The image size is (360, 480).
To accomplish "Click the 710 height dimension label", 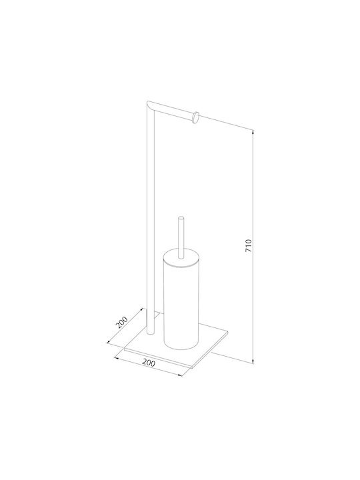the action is pyautogui.click(x=249, y=246).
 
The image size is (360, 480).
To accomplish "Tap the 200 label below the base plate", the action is pyautogui.click(x=149, y=363).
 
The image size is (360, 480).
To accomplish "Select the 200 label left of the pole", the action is pyautogui.click(x=121, y=322).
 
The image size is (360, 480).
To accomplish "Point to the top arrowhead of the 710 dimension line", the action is pyautogui.click(x=253, y=132).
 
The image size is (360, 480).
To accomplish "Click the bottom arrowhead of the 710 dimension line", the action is pyautogui.click(x=253, y=361).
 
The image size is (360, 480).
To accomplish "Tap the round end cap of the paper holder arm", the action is pyautogui.click(x=195, y=117).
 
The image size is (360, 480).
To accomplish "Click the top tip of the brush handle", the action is pyautogui.click(x=181, y=218).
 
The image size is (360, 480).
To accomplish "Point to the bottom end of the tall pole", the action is pyautogui.click(x=150, y=333).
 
